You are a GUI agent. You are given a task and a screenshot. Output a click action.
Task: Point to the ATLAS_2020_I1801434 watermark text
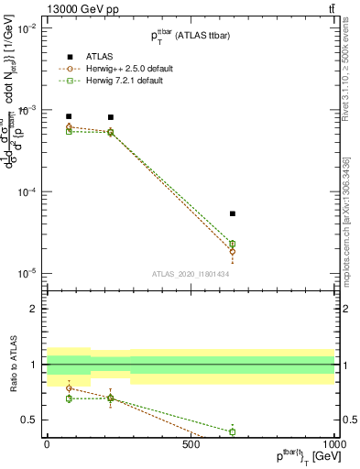point(190,274)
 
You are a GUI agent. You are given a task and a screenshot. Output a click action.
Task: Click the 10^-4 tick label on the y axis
point(27,192)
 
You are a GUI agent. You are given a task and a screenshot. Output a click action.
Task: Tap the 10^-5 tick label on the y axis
point(27,274)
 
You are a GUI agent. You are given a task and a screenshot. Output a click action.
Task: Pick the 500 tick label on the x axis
point(191,444)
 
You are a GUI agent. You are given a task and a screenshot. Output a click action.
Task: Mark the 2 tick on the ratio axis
point(34,310)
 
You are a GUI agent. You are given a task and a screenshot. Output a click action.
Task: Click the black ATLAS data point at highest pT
point(233,213)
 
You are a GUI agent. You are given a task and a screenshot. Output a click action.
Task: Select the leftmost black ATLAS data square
point(69,116)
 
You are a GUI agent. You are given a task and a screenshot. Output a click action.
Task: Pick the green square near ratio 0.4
point(233,431)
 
